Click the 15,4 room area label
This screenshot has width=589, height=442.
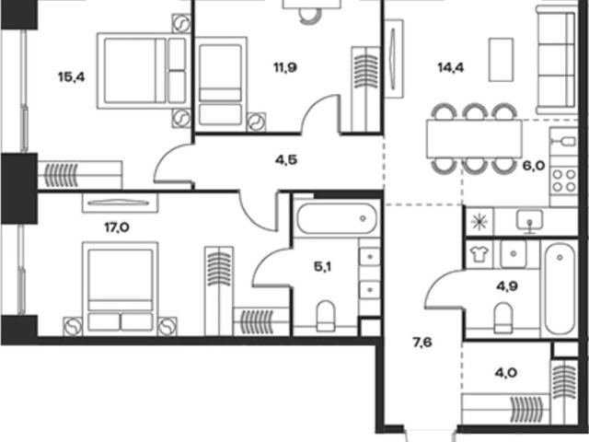[x=72, y=77]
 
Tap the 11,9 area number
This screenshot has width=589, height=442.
[x=285, y=67]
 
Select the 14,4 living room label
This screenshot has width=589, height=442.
[x=451, y=67]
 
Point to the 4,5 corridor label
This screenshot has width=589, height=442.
[x=286, y=160]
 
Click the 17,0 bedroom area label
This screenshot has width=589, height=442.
[x=117, y=227]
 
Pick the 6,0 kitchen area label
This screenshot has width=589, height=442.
[x=534, y=166]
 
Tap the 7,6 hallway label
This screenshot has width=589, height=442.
[x=422, y=343]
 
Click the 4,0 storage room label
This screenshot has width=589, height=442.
[x=506, y=373]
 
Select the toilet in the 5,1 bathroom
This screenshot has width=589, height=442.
[x=326, y=316]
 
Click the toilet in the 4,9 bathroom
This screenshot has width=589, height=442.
[x=503, y=318]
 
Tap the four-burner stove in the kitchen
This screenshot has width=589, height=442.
[x=564, y=181]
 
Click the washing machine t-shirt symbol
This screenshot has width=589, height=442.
[x=479, y=254]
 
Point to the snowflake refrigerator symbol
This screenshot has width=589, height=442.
[x=479, y=222]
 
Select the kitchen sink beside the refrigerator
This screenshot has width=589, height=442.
[x=530, y=221]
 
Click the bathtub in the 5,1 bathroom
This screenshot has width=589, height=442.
[x=337, y=218]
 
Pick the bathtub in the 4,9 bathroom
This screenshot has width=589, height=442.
[x=560, y=288]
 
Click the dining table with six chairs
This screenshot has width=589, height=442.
[x=474, y=138]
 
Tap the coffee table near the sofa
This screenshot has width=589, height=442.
[x=501, y=59]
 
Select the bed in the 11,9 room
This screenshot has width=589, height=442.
[x=221, y=85]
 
